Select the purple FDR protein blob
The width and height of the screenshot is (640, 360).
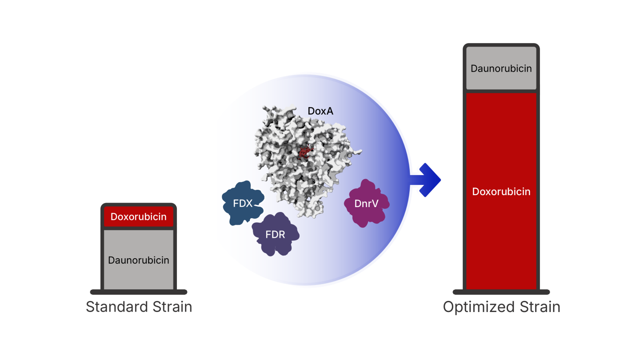click(x=275, y=234)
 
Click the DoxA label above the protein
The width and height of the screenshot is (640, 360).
click(x=320, y=111)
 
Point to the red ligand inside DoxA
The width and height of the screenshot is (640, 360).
click(x=304, y=152)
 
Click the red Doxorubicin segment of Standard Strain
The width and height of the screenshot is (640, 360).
click(x=139, y=217)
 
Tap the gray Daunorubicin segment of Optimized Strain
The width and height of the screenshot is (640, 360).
click(x=501, y=69)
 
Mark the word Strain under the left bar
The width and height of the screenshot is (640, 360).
click(x=171, y=307)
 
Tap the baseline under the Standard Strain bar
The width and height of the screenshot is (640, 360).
click(x=139, y=292)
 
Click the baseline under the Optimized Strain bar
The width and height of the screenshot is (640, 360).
click(x=501, y=292)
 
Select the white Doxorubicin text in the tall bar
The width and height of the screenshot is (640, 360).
click(x=501, y=192)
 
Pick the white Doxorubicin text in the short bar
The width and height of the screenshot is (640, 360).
click(x=139, y=217)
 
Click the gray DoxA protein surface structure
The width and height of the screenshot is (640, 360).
click(x=284, y=178)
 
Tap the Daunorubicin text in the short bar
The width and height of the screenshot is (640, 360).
click(x=139, y=260)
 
